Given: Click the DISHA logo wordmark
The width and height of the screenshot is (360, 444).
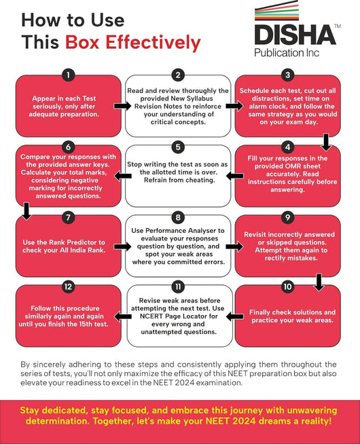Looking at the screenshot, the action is pyautogui.click(x=295, y=35).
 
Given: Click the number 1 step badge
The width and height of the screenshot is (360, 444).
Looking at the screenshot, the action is pyautogui.click(x=68, y=75).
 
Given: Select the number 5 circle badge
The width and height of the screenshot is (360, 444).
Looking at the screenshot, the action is pyautogui.click(x=178, y=147).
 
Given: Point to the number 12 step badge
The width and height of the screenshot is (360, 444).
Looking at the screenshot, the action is pyautogui.click(x=68, y=287).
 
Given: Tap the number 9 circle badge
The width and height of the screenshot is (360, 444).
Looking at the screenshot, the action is pyautogui.click(x=287, y=217).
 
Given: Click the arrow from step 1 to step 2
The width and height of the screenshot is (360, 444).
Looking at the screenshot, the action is pyautogui.click(x=123, y=106).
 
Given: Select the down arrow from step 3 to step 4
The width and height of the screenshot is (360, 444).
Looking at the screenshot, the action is pyautogui.click(x=326, y=142).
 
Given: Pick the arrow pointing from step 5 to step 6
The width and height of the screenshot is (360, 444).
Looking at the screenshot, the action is pyautogui.click(x=123, y=176).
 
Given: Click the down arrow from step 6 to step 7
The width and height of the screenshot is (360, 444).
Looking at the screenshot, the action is pyautogui.click(x=26, y=211).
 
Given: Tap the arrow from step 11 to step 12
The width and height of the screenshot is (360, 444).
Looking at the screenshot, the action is pyautogui.click(x=123, y=316).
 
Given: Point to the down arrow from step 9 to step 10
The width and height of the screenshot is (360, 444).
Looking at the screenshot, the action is pyautogui.click(x=319, y=282).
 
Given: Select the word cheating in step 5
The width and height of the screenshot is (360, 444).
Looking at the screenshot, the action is pyautogui.click(x=200, y=181).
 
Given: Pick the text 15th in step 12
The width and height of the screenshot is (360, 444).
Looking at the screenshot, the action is pyautogui.click(x=86, y=324).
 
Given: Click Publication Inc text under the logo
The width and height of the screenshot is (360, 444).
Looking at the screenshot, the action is pyautogui.click(x=287, y=53).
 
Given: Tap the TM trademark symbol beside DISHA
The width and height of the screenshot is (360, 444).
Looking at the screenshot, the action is pyautogui.click(x=338, y=26).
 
